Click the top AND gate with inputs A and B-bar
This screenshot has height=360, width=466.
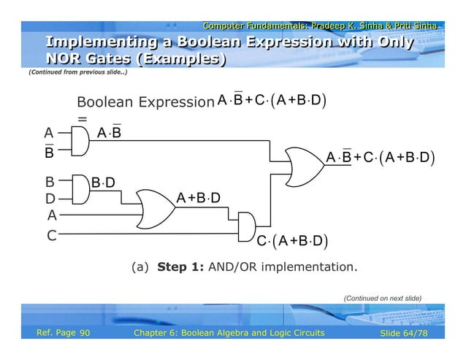[x=80, y=142]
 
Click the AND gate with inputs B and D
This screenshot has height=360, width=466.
[x=80, y=188]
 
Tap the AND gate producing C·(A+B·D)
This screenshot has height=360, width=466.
[x=248, y=224]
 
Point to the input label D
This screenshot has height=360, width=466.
[x=50, y=198]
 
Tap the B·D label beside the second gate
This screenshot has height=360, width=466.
[x=103, y=182]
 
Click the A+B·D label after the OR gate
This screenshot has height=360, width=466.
[x=199, y=198]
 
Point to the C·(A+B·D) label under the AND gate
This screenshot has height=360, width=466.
[x=291, y=241]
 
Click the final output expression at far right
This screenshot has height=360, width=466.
[x=381, y=157]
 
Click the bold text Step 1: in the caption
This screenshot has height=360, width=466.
[x=181, y=267]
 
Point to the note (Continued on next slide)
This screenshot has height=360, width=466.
[x=383, y=298]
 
